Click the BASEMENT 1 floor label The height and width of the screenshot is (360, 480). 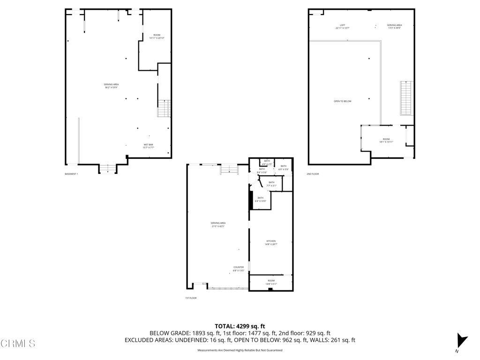click(71, 174)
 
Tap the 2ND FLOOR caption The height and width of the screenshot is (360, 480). click(313, 174)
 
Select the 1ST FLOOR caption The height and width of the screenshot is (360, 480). click(191, 298)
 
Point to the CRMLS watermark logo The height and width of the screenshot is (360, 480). click(18, 344)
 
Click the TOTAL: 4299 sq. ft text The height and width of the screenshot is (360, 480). click(240, 326)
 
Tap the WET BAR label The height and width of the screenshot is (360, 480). click(149, 146)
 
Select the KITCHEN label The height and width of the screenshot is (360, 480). click(271, 242)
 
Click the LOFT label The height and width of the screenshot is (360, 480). click(343, 26)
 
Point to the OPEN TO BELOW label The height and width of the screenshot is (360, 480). click(342, 101)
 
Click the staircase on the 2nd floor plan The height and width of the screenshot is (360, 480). click(406, 97)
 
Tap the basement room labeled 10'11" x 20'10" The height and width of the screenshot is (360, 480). click(157, 37)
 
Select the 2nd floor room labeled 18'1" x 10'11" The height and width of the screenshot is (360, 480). click(386, 140)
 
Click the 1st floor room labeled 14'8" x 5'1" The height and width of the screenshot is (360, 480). click(271, 282)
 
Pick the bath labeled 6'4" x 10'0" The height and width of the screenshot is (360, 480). click(260, 199)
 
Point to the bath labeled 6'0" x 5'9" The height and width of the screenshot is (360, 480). click(284, 167)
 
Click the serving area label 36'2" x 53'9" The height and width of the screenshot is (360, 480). click(111, 86)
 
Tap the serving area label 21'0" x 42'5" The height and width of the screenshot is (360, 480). click(218, 225)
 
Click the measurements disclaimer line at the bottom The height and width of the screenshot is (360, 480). click(240, 350)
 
